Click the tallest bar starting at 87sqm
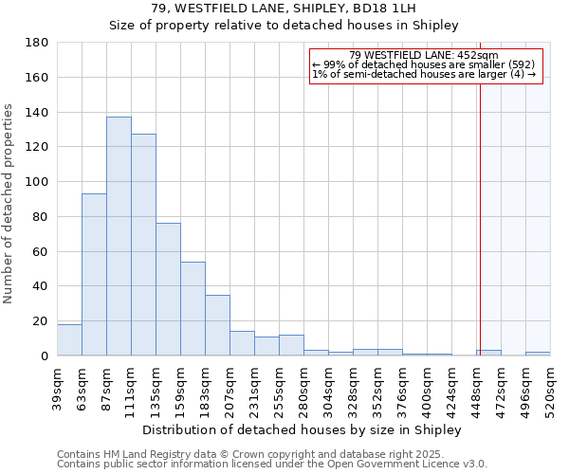pos(119,236)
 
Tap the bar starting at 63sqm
pos(94,274)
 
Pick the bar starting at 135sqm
pos(168,289)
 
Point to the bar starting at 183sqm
pos(217,325)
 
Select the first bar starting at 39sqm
pos(69,339)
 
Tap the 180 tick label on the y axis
pos(38,43)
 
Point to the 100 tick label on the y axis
pos(38,182)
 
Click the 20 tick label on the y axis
pos(42,321)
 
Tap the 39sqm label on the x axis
pos(58,389)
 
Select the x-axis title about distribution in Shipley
pos(303,429)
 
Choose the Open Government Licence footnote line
pos(272,465)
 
